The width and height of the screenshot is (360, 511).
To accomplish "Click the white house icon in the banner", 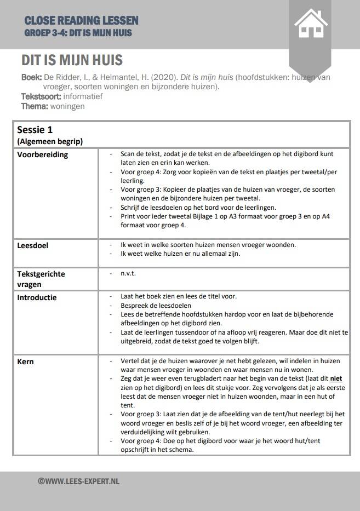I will pos(311,24).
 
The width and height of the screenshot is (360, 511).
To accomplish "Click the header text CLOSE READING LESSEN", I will pos(81,21).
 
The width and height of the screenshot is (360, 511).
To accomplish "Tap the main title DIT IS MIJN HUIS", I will pos(72,60).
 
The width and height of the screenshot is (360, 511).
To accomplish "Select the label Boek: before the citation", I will pos(31,77).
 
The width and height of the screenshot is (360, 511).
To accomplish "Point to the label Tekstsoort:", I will pos(42,96).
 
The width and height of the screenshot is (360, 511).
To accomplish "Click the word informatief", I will pos(83,96).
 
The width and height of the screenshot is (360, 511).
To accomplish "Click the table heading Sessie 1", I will pos(35,130).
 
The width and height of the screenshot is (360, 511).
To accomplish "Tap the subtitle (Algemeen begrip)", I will pos(50,141).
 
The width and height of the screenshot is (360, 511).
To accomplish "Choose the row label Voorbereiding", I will pos(43,154).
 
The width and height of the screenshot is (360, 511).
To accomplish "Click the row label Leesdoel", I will pos(33,245).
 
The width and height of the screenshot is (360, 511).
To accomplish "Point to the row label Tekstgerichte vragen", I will pos(41,279).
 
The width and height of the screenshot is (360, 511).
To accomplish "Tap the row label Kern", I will pos(26,361).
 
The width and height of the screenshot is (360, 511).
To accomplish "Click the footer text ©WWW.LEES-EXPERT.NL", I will pos(78,481).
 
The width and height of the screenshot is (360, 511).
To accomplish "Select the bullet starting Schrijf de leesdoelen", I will pos(198,208).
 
